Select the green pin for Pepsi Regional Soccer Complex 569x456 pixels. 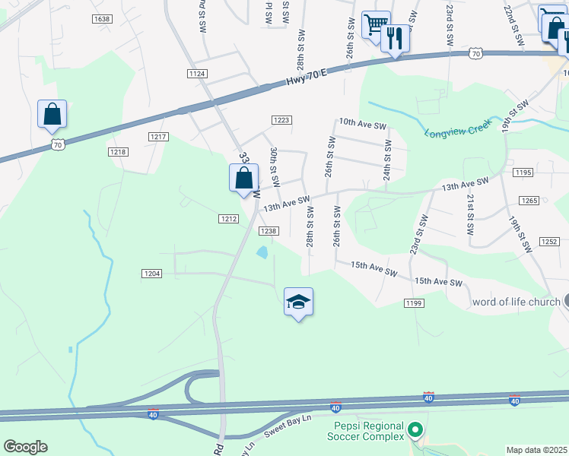pyautogui.click(x=415, y=431)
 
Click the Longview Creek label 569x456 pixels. pyautogui.click(x=459, y=130)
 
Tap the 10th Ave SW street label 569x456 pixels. pyautogui.click(x=363, y=122)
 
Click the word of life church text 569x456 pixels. pyautogui.click(x=517, y=302)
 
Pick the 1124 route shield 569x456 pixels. pyautogui.click(x=197, y=73)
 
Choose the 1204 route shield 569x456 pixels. pyautogui.click(x=151, y=273)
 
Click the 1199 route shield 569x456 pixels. pyautogui.click(x=413, y=303)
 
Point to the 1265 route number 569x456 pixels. pyautogui.click(x=530, y=201)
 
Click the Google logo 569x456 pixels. pyautogui.click(x=25, y=446)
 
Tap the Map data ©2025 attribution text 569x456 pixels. pyautogui.click(x=536, y=450)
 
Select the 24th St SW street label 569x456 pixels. pyautogui.click(x=387, y=160)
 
